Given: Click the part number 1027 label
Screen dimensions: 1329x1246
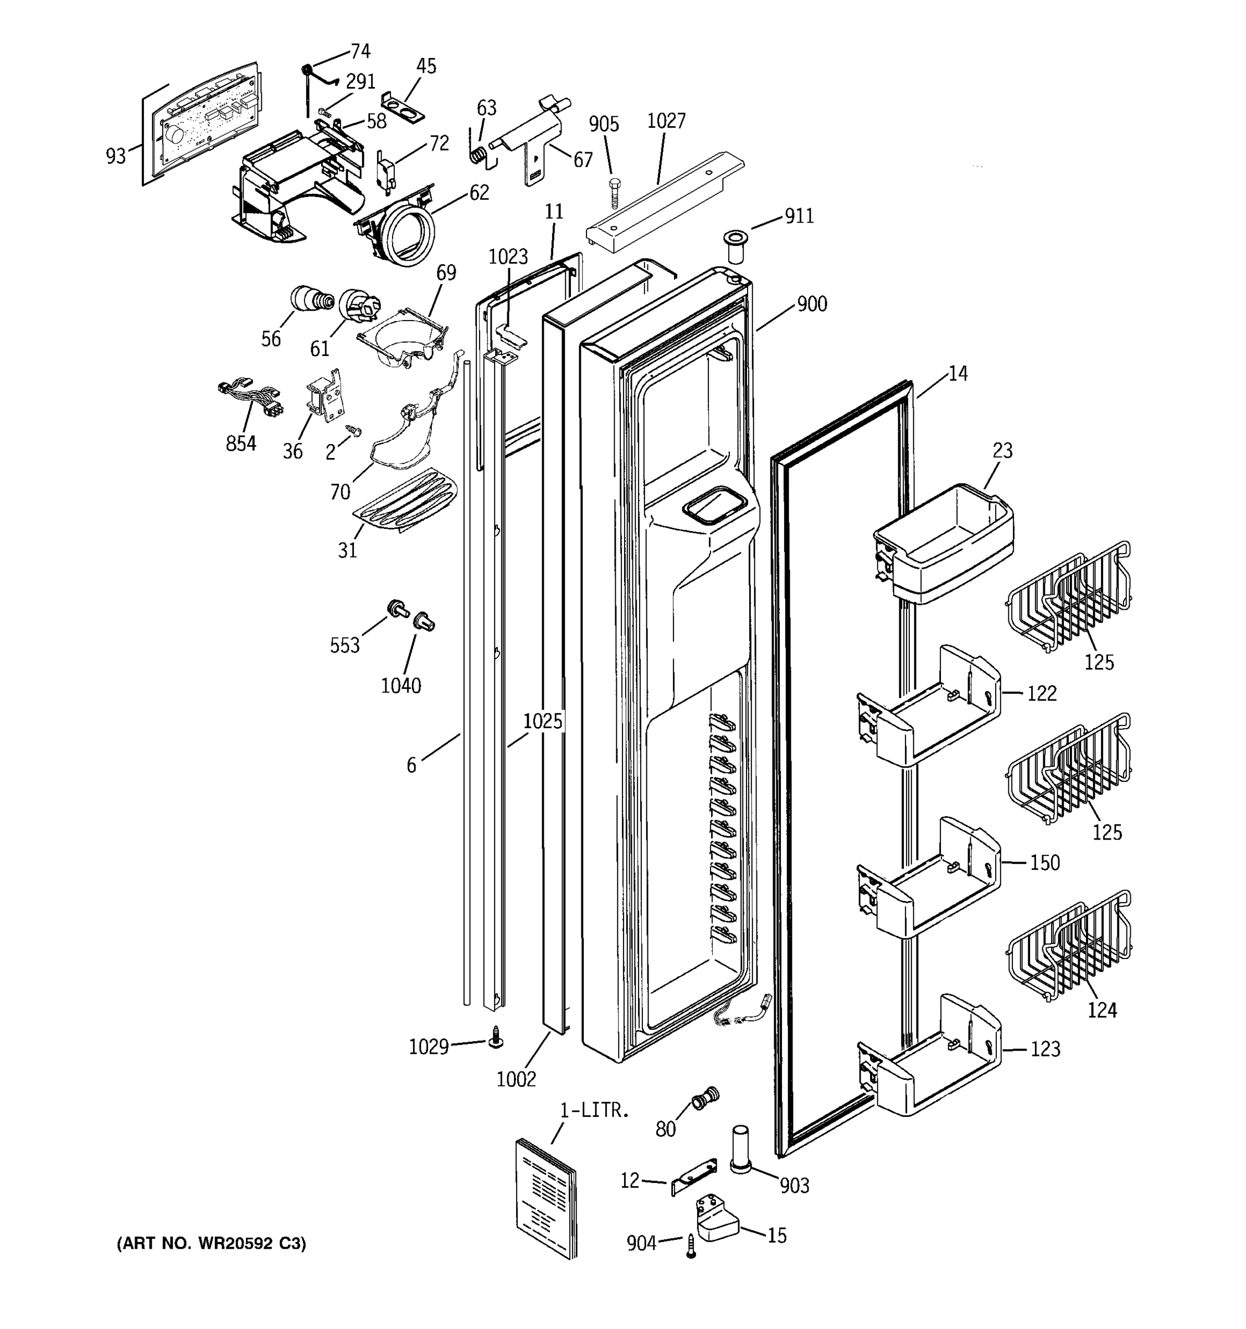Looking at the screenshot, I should [x=666, y=121].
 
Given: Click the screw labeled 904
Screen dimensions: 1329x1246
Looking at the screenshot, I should [x=691, y=1245].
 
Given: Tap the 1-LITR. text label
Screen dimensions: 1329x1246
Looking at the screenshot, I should [x=594, y=1110].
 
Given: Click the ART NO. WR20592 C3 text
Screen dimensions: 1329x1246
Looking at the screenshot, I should [x=211, y=1243].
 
